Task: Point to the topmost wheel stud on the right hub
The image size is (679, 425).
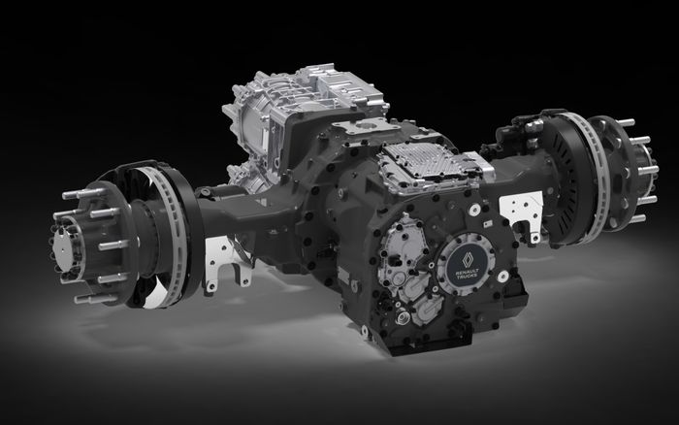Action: tap(629, 122)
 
